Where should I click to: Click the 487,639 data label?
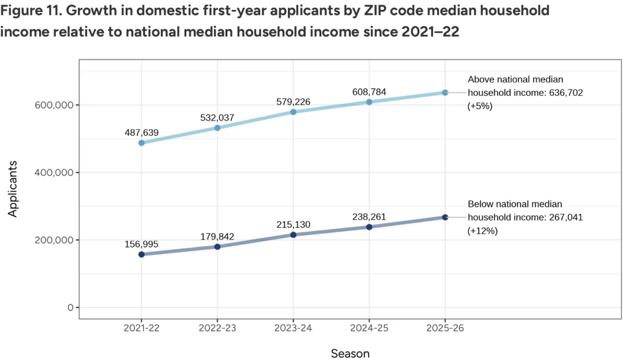pos(141,132)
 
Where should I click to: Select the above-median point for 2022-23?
pos(217,127)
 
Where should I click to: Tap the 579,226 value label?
pos(293,102)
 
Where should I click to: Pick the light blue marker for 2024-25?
pos(369,102)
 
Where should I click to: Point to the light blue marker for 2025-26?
pos(445,92)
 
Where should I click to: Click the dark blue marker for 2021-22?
pos(141,254)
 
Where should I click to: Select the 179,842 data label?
pos(217,236)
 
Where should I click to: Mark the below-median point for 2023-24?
pos(293,235)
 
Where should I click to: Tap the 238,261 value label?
pos(369,217)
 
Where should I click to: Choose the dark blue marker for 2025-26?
pos(445,217)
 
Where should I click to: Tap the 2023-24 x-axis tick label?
pos(293,328)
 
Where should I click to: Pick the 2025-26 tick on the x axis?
pos(445,328)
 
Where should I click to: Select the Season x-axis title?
pos(350,352)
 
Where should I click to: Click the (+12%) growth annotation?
pos(482,230)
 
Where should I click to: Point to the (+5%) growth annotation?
pos(480,106)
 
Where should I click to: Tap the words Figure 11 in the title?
pos(29,11)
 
